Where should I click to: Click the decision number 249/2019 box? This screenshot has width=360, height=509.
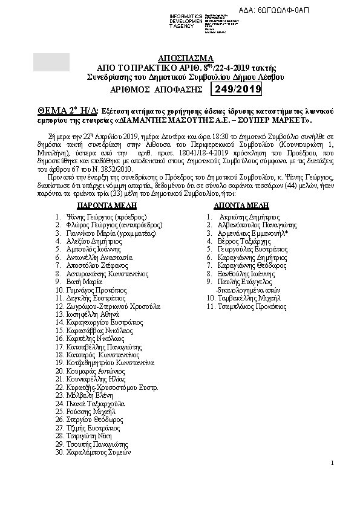click(x=235, y=89)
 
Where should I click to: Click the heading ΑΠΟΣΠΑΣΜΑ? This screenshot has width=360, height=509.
click(x=182, y=58)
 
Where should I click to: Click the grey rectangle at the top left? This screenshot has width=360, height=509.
click(x=51, y=63)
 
